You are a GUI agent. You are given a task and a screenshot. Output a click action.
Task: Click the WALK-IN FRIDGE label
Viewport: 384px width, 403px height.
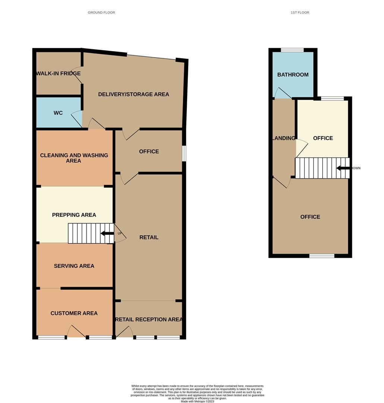(x=58, y=74)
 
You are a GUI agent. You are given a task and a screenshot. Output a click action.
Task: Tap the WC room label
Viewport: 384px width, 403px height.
(x=58, y=113)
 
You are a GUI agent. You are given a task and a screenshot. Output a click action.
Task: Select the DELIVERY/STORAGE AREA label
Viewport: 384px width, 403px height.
(x=133, y=94)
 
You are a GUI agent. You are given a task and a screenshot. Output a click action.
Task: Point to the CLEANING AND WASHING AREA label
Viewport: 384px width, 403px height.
(x=74, y=158)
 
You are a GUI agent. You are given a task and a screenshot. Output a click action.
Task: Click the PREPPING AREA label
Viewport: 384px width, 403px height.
(x=74, y=215)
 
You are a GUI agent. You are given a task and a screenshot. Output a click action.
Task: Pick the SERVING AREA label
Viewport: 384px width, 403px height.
(x=74, y=266)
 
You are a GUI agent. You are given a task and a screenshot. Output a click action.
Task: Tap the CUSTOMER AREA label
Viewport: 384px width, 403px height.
(x=74, y=313)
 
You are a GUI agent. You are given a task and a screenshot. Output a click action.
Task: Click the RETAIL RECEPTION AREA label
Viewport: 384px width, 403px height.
(x=149, y=319)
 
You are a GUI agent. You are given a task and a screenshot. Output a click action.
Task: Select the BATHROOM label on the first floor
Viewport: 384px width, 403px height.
(x=293, y=75)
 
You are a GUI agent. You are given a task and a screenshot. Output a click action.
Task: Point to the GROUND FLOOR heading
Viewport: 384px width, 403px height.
(x=101, y=13)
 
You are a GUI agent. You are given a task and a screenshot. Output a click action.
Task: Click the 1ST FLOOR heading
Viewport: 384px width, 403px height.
(x=300, y=13)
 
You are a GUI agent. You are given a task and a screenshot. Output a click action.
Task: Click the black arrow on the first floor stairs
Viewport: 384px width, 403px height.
(x=343, y=168)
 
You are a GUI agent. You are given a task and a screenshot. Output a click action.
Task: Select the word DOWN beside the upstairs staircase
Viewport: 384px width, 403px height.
(x=356, y=168)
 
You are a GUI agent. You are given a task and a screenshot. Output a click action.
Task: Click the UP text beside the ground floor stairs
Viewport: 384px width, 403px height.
(x=120, y=234)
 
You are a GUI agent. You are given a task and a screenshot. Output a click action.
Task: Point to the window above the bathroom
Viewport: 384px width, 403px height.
(x=292, y=50)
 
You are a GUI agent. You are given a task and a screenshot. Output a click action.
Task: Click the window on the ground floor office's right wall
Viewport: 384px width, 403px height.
(x=184, y=153)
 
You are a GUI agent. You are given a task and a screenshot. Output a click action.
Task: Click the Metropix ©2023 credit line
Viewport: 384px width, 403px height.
(x=197, y=402)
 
